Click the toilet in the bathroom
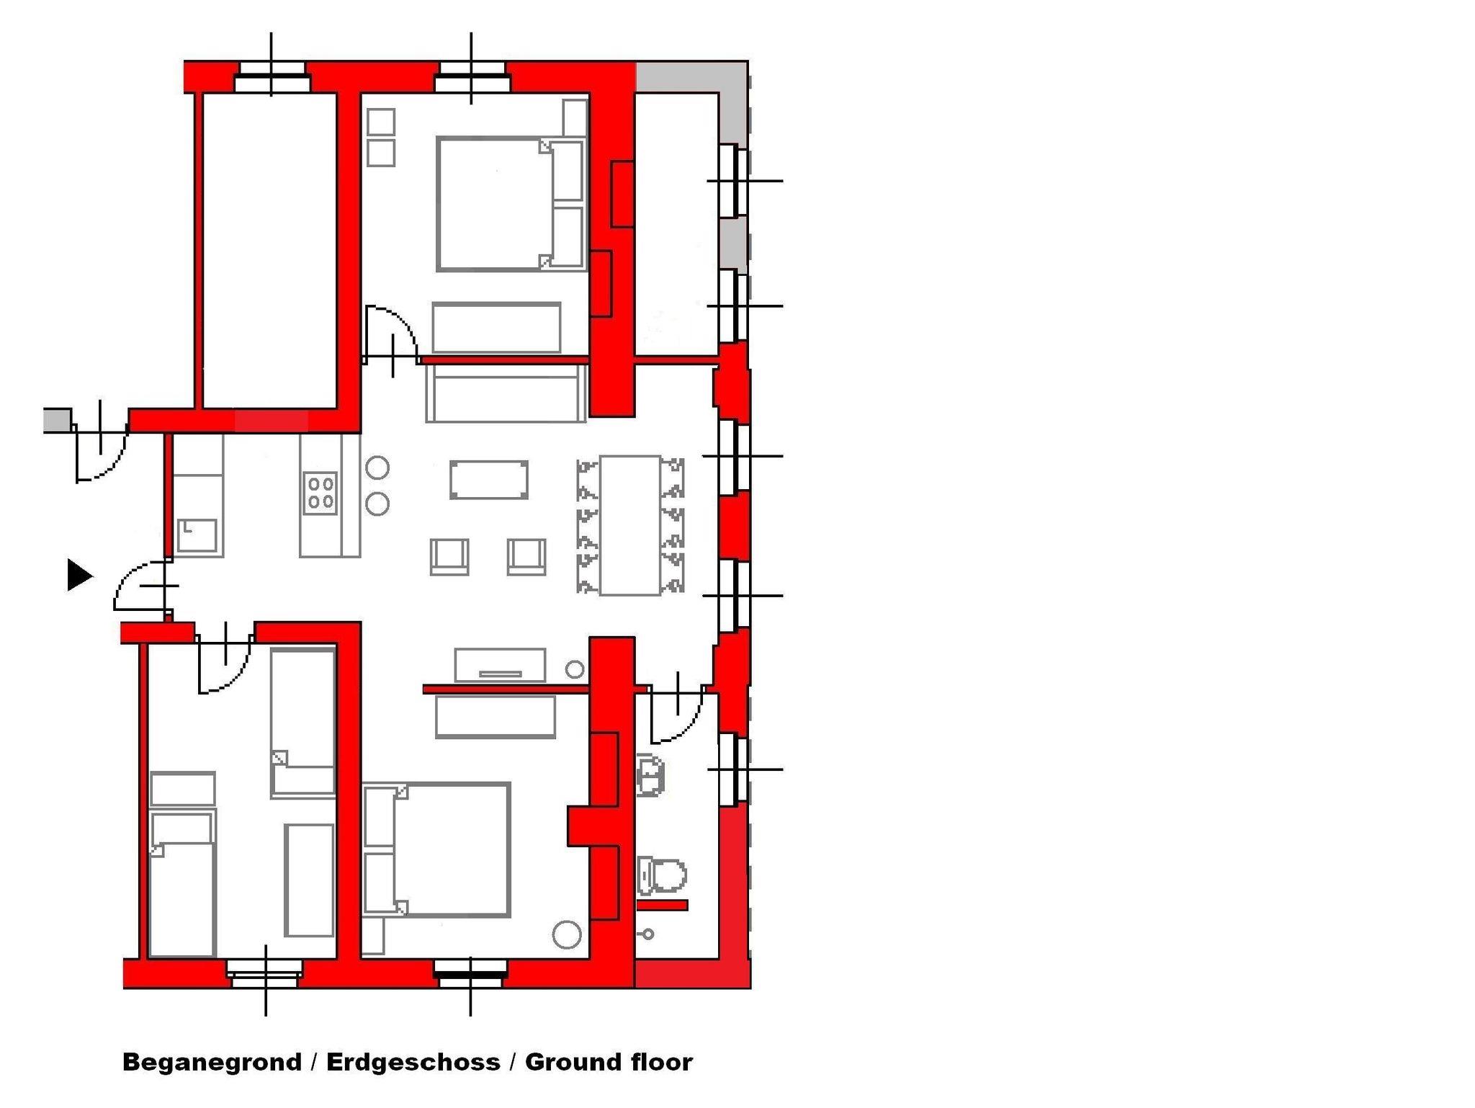(x=662, y=876)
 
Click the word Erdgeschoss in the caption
(x=413, y=1062)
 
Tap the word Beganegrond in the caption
(x=212, y=1062)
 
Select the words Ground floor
(x=609, y=1062)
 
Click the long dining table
(x=630, y=525)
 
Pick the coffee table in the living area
(x=489, y=480)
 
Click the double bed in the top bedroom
(x=510, y=205)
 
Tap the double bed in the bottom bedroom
(x=436, y=849)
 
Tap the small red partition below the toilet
(x=663, y=905)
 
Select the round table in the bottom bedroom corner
(x=567, y=934)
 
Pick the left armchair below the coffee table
(x=449, y=557)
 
